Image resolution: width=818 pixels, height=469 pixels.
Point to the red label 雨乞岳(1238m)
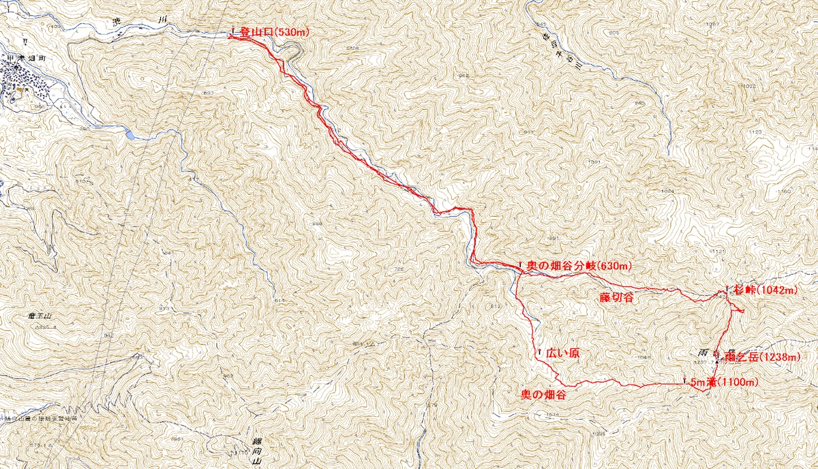coord(762,357)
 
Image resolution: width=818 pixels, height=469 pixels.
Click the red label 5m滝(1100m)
coord(723,382)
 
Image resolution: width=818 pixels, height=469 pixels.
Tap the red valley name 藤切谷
coord(617,297)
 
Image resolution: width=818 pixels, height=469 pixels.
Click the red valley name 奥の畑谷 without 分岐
coord(543,395)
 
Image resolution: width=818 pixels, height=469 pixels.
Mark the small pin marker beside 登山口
coord(234,31)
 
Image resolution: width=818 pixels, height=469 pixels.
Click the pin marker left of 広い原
coord(539,352)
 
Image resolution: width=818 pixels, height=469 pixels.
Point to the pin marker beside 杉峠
coord(728,288)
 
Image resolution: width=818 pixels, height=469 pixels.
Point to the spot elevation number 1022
coord(748,87)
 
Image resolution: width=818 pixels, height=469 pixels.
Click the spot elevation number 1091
coord(593,162)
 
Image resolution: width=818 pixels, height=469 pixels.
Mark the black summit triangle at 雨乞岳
coord(717,362)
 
